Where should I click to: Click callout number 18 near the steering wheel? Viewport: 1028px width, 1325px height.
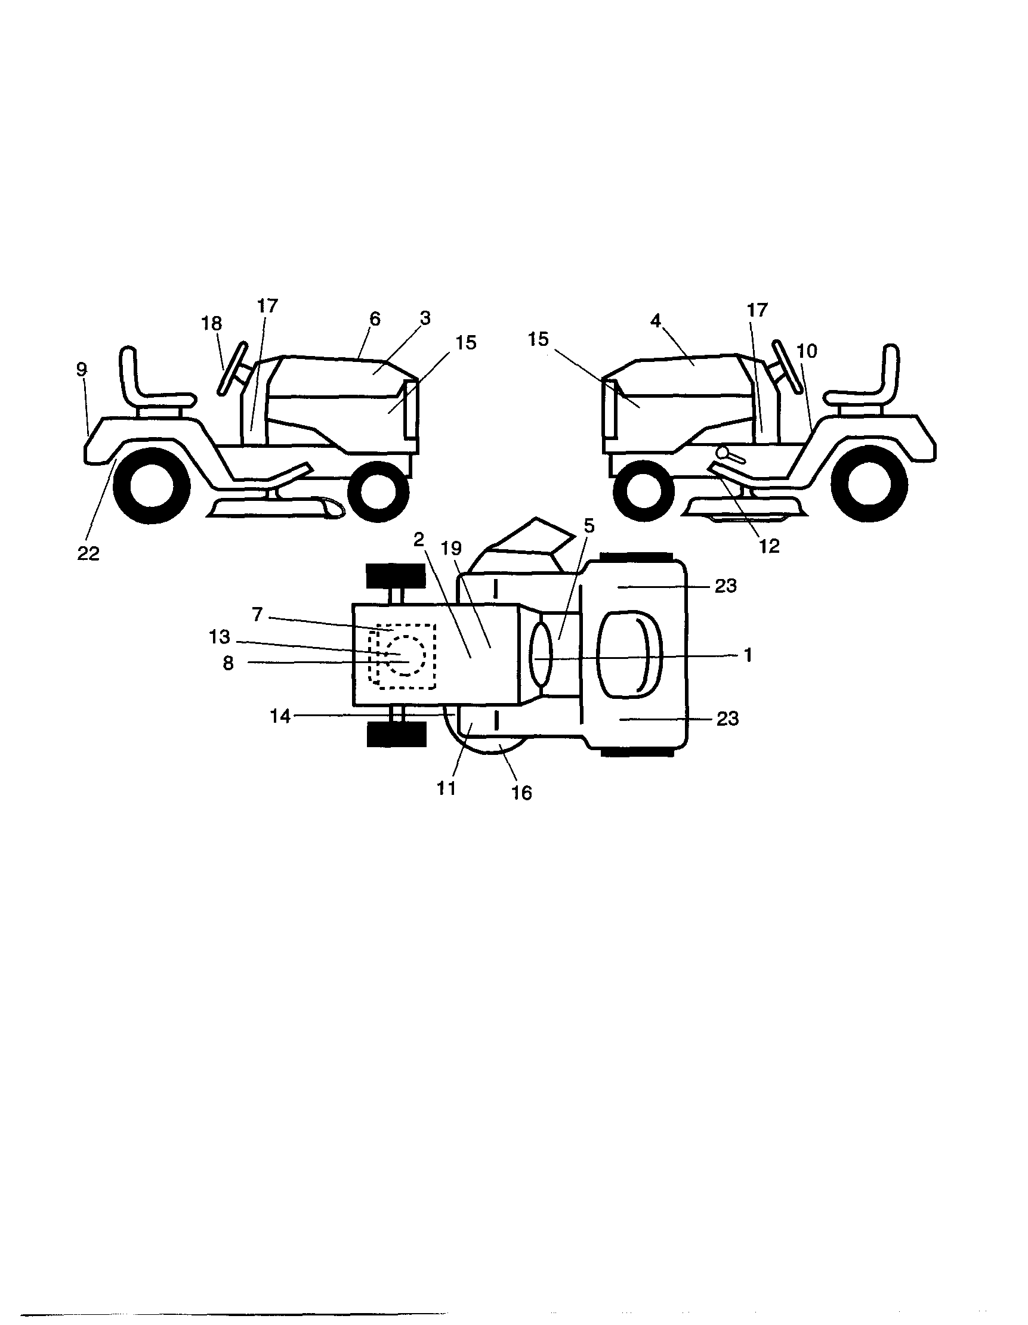coord(211,323)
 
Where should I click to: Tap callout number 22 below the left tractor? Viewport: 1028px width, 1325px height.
coord(88,553)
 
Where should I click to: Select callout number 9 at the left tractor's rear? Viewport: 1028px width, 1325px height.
coord(82,369)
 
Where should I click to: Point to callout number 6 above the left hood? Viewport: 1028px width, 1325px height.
coord(375,318)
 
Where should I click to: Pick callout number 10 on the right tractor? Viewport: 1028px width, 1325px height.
coord(807,351)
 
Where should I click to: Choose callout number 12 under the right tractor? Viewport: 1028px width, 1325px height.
coord(768,546)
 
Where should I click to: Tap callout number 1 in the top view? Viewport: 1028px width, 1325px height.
coord(748,655)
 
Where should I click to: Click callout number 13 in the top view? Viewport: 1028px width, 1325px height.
coord(219,636)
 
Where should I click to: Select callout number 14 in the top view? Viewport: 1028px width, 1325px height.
coord(280,717)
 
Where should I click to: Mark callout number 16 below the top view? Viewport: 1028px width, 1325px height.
coord(521,792)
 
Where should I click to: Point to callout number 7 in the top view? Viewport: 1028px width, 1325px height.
coord(257,615)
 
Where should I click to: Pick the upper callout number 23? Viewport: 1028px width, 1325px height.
coord(725,586)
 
